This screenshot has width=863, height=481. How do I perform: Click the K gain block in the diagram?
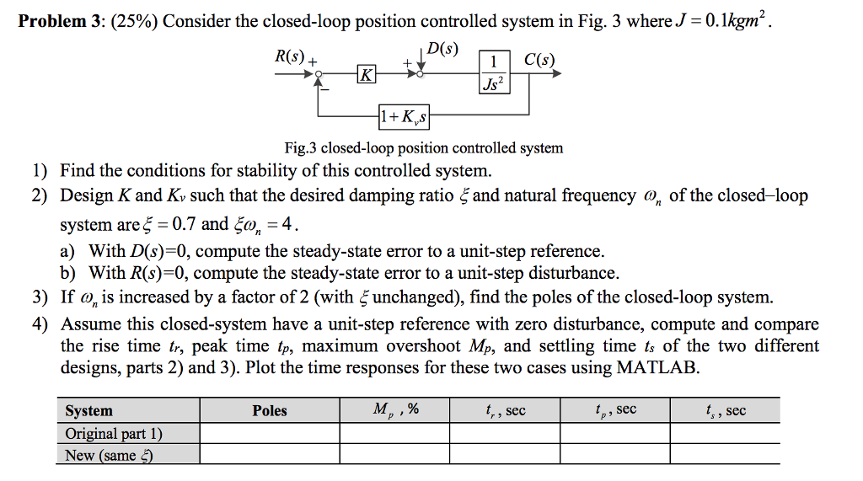pyautogui.click(x=366, y=74)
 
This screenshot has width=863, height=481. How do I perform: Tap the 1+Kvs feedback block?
pyautogui.click(x=405, y=116)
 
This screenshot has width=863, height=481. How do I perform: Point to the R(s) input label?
pyautogui.click(x=290, y=56)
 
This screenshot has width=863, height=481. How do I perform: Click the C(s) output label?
pyautogui.click(x=539, y=59)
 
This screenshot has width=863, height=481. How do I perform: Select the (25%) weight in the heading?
pyautogui.click(x=130, y=20)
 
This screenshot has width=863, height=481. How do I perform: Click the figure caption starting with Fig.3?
pyautogui.click(x=423, y=147)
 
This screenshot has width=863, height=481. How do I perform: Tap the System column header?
pyautogui.click(x=88, y=410)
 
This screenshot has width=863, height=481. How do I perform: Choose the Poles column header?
pyautogui.click(x=270, y=410)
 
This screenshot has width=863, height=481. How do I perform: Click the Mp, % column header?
pyautogui.click(x=394, y=410)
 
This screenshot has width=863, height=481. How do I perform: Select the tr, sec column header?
pyautogui.click(x=504, y=410)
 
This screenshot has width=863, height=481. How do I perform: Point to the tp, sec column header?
pyautogui.click(x=614, y=410)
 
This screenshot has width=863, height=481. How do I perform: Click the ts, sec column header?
pyautogui.click(x=725, y=410)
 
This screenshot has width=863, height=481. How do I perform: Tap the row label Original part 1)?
pyautogui.click(x=114, y=433)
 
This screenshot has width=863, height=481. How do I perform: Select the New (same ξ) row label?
pyautogui.click(x=109, y=455)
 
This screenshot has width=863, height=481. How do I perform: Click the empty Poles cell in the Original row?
pyautogui.click(x=270, y=433)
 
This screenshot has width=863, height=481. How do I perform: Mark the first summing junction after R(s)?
pyautogui.click(x=319, y=74)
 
